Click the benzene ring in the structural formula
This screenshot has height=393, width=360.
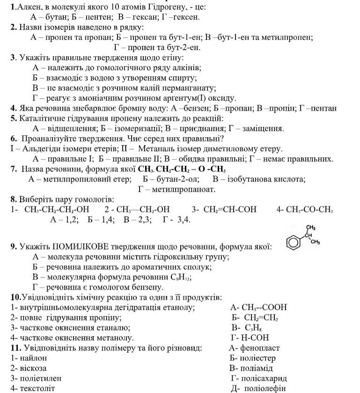tap(294, 243)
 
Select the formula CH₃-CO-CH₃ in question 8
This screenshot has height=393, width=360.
tap(304, 209)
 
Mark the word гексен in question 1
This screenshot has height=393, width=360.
tap(187, 17)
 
